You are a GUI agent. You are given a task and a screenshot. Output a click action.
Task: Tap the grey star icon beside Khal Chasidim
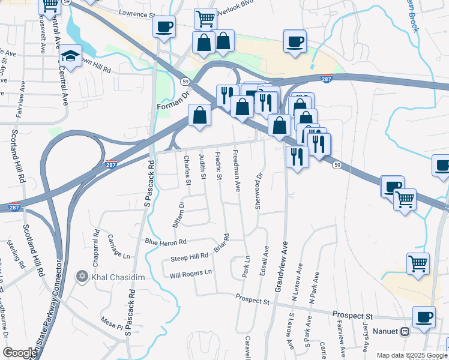82,277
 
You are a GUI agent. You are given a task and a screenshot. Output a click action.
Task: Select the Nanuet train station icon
405,331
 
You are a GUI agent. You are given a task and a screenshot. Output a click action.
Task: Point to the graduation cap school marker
71,56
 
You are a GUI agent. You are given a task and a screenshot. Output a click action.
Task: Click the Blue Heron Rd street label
166,241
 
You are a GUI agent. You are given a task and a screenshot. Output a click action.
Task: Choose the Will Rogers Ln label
191,272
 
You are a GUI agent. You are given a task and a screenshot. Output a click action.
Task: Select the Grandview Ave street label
281,267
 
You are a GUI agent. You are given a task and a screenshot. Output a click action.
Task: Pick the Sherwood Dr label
259,191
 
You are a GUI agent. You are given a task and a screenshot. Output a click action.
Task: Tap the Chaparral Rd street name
95,243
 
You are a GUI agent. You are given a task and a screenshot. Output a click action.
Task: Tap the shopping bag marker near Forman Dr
199,115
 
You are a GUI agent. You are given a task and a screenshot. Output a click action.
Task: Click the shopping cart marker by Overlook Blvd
205,19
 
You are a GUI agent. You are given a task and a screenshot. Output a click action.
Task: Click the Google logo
20,353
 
